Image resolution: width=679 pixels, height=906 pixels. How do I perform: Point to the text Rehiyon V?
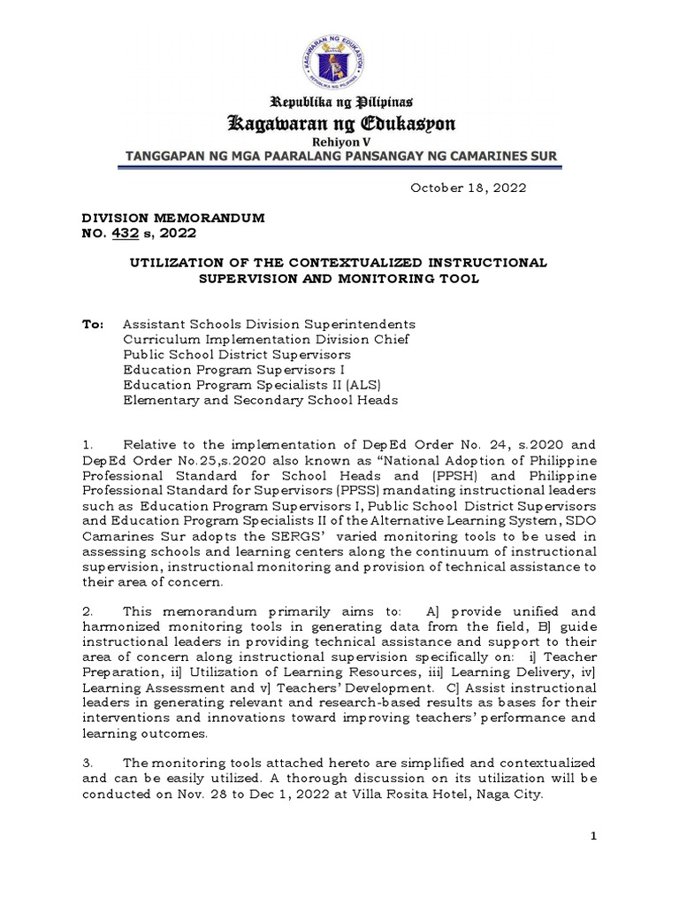(339, 142)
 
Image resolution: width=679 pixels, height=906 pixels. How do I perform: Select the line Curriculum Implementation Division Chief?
(266, 340)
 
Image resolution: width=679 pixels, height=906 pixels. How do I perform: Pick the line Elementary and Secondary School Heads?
(260, 400)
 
